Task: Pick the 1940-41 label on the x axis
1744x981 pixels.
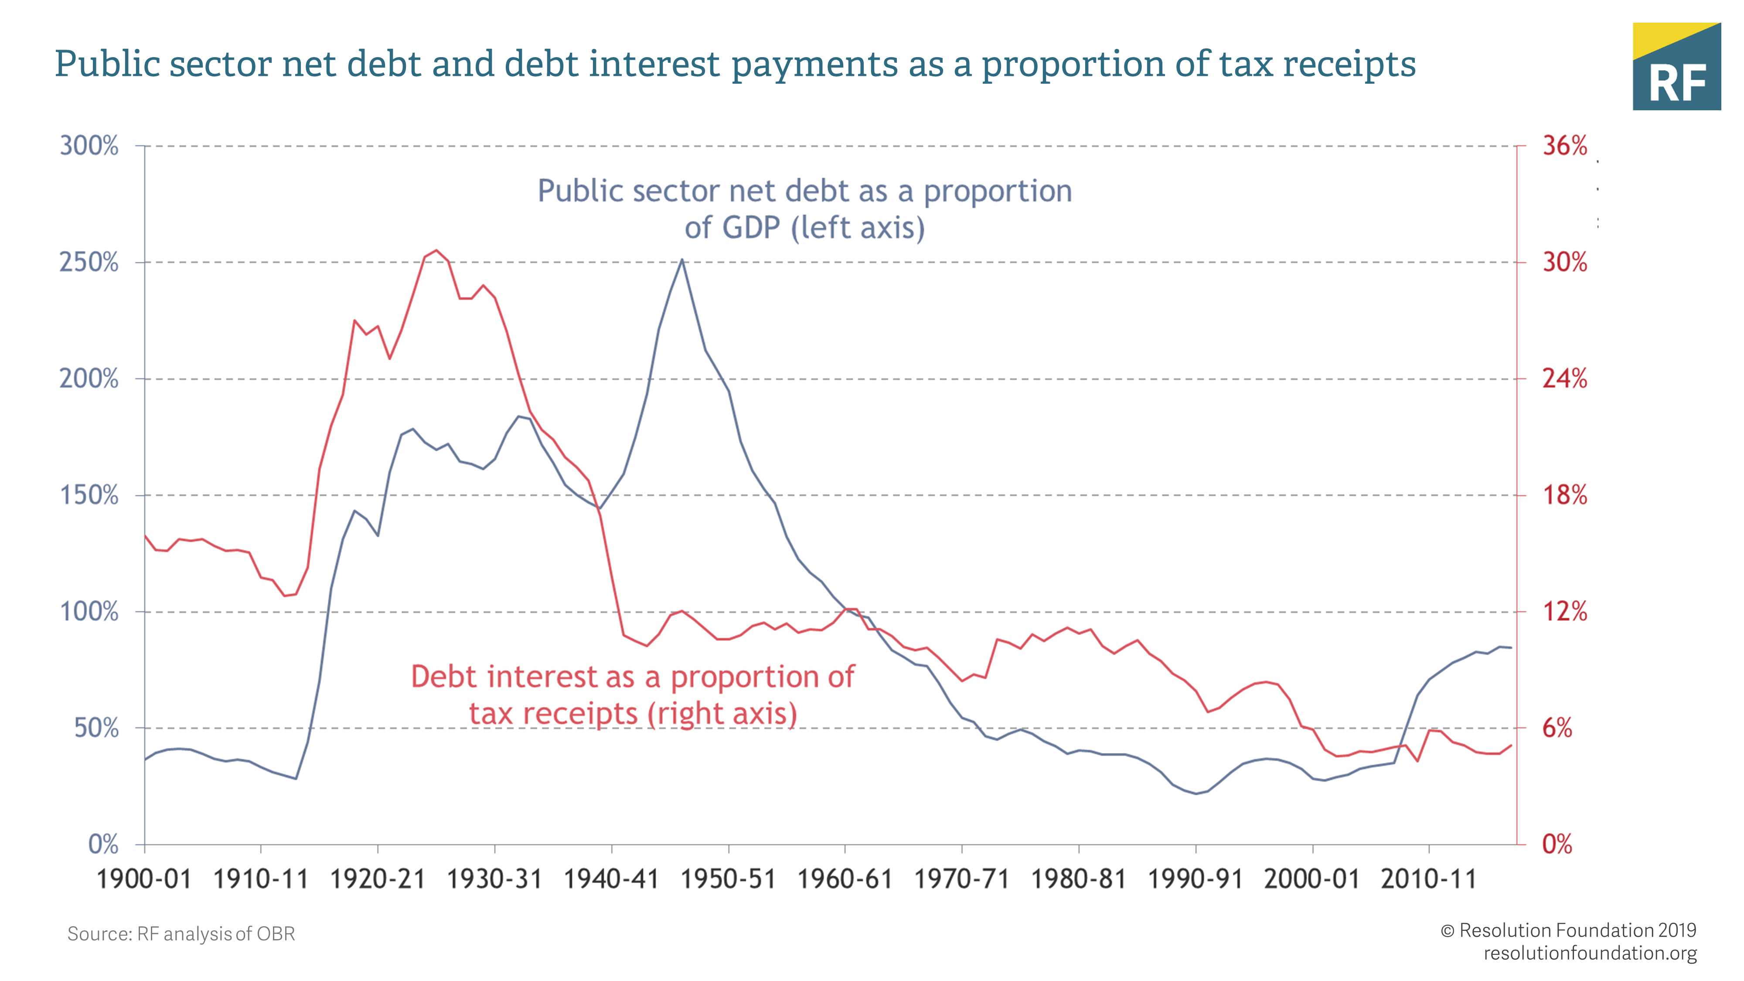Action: click(x=611, y=879)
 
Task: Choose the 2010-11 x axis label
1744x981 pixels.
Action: click(x=1428, y=879)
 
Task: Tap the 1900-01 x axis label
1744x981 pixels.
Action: click(x=144, y=879)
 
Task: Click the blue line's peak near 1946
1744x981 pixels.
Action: click(x=682, y=260)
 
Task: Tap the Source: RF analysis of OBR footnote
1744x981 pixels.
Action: click(x=181, y=934)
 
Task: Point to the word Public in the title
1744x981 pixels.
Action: click(x=106, y=65)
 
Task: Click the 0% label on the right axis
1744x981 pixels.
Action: click(x=1557, y=844)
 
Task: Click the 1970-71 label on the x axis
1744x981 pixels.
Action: click(x=961, y=879)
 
